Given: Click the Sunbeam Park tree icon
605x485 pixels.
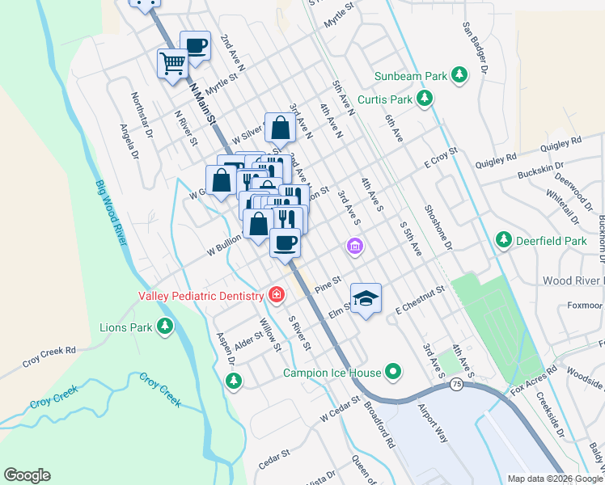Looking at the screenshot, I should (x=460, y=76).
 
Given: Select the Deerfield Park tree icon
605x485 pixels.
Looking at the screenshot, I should (x=504, y=240).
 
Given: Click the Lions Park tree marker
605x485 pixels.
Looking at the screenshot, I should (x=165, y=327).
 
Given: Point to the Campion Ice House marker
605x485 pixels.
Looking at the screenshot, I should (x=394, y=373).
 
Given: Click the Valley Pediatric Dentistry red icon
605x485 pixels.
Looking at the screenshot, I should (x=277, y=295).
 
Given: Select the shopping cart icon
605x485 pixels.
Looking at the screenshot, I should (x=173, y=62).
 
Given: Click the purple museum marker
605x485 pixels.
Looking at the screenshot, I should (x=353, y=247).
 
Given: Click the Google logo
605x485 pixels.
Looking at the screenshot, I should (x=27, y=475).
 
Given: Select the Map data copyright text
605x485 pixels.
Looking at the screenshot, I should (x=554, y=479).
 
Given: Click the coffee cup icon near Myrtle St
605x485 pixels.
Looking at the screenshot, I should (x=196, y=44).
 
